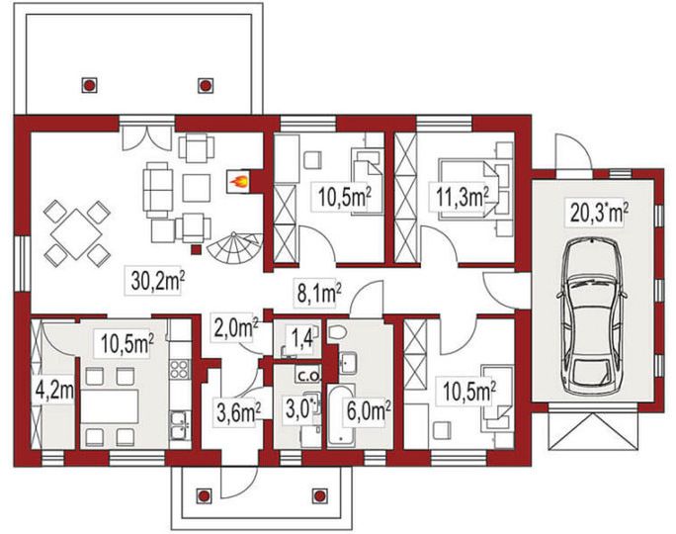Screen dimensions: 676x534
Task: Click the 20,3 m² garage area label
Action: click(599, 213)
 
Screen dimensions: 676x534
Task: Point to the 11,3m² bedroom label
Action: click(463, 198)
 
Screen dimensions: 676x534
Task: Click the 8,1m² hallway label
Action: click(319, 294)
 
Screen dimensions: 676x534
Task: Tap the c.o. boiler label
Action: click(308, 376)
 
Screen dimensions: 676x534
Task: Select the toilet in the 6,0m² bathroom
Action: click(337, 331)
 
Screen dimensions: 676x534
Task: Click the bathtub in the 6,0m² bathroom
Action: click(341, 415)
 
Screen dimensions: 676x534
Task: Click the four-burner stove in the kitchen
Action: click(179, 369)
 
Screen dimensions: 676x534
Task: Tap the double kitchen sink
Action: click(180, 425)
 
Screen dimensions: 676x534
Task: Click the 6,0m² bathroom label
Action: click(369, 410)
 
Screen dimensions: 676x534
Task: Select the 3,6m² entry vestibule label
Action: click(238, 411)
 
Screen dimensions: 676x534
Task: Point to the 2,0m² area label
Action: click(236, 329)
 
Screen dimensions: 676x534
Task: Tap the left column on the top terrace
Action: click(89, 85)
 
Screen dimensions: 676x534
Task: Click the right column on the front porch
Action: click(319, 495)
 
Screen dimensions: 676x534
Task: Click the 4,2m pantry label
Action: click(54, 392)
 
